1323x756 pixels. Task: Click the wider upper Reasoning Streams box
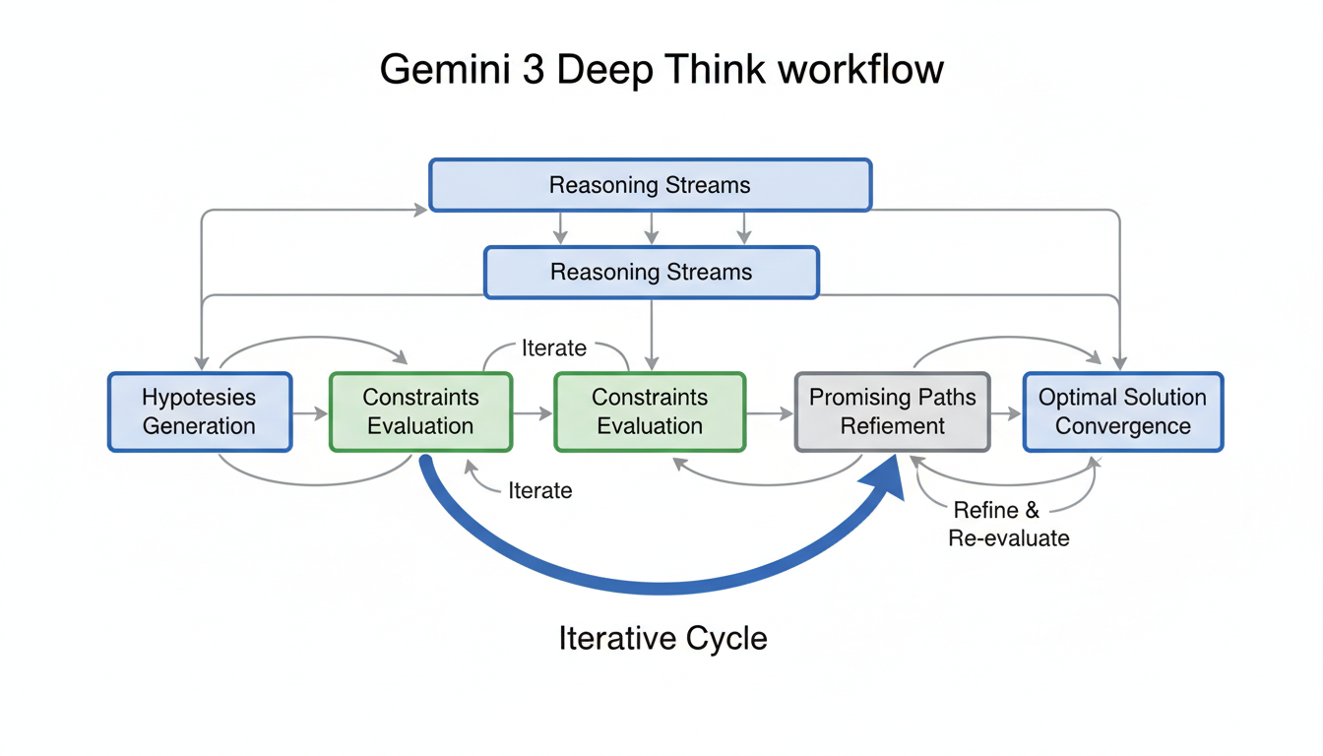650,185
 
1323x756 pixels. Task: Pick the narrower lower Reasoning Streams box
651,272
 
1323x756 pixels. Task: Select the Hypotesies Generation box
199,411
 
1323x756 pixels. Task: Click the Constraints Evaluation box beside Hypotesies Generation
420,411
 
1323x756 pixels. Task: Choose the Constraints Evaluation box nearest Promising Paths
650,411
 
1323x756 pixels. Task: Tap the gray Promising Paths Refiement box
892,411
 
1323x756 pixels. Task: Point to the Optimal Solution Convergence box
1122,411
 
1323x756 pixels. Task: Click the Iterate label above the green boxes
554,348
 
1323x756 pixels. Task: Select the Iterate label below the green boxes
539,490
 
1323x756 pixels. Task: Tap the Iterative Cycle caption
662,638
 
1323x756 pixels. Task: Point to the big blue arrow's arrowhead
886,482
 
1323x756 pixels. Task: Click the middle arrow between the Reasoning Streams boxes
651,228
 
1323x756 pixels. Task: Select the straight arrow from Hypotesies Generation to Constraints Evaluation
310,414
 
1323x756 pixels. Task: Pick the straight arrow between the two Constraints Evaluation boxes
533,414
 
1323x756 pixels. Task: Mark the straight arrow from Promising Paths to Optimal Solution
1006,414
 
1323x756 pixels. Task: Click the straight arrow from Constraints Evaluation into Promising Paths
770,414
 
